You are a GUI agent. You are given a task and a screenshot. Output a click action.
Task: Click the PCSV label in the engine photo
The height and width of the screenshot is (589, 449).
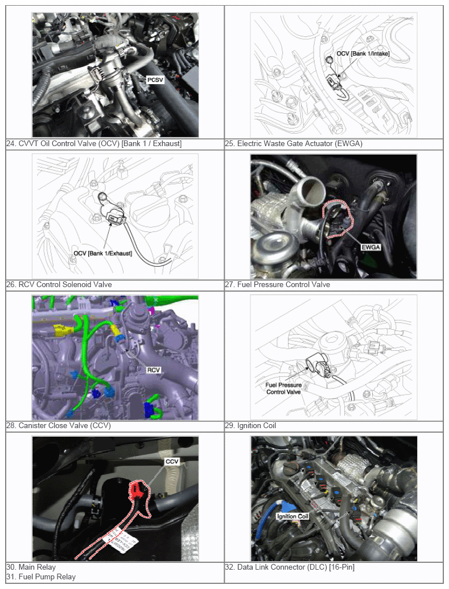[155, 80]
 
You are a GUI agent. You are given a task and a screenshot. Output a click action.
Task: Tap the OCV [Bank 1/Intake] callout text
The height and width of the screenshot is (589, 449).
[363, 53]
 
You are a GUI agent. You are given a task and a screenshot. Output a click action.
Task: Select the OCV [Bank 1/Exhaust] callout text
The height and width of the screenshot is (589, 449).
[102, 253]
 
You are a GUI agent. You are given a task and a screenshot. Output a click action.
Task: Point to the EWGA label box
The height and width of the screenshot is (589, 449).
[371, 247]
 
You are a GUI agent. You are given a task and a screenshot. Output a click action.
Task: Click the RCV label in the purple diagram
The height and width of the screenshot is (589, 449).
[154, 370]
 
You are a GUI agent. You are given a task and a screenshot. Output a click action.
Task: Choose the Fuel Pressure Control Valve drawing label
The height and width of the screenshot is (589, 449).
[283, 388]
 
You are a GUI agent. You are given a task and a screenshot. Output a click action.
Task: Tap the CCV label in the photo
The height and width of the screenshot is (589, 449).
[172, 461]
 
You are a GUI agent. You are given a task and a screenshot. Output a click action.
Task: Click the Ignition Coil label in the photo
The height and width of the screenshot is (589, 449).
[293, 516]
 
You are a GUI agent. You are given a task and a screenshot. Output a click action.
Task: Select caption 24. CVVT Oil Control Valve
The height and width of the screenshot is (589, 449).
[94, 143]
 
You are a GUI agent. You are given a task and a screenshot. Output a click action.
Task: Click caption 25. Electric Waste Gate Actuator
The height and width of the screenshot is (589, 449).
[294, 143]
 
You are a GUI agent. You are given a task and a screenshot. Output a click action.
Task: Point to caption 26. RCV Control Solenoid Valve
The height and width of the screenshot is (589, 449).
[59, 284]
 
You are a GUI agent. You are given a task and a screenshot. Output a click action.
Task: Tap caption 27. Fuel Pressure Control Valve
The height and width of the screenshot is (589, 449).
[278, 284]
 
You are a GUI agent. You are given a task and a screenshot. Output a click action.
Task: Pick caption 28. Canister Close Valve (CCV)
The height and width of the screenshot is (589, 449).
[59, 426]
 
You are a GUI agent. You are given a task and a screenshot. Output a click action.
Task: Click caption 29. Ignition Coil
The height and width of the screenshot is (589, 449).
[250, 426]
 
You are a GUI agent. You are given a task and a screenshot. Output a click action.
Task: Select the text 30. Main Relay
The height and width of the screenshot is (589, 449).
[31, 567]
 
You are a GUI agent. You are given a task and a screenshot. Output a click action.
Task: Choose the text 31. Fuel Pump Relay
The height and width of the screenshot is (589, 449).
[41, 576]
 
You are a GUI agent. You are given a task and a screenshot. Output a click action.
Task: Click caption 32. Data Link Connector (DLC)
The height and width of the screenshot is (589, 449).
[290, 567]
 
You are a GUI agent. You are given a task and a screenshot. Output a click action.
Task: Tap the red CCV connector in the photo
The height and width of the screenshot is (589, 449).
[136, 491]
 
